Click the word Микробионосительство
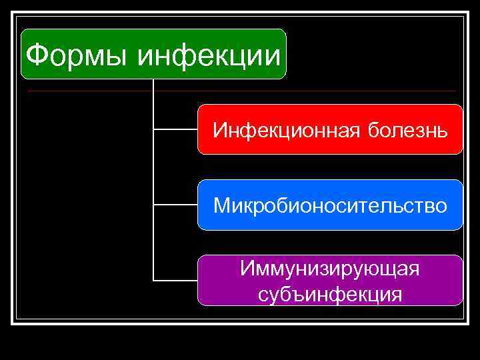click(x=330, y=205)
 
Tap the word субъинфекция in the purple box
click(x=330, y=293)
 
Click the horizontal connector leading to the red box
click(x=175, y=129)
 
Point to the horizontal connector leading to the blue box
click(x=175, y=205)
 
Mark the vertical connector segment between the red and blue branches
click(x=153, y=167)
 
